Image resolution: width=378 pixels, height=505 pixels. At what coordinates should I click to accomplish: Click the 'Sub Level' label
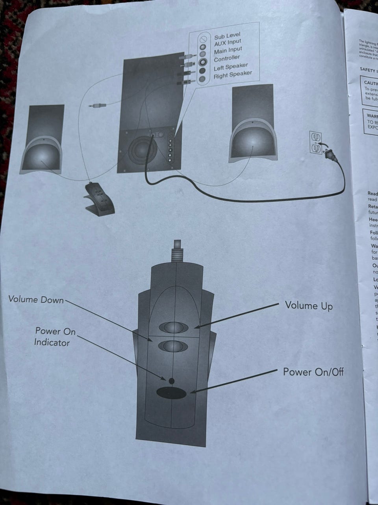227,36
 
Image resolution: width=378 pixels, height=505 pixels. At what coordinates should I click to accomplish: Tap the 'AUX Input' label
228,42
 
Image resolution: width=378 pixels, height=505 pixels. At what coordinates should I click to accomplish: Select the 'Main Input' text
228,51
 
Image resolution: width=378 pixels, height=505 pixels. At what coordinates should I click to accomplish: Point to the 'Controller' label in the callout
227,59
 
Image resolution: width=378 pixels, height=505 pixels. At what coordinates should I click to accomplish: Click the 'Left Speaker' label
231,67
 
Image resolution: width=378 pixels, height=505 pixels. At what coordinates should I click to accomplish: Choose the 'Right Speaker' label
233,75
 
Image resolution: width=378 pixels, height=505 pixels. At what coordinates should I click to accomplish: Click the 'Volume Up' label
309,305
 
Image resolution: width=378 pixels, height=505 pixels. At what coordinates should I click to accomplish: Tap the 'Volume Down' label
36,300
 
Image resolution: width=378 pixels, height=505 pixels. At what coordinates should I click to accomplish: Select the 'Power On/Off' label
313,372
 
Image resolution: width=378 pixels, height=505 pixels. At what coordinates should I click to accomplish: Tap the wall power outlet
315,142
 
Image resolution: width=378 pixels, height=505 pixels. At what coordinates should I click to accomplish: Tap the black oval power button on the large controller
171,393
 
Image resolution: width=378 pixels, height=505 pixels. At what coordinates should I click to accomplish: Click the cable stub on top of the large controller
177,251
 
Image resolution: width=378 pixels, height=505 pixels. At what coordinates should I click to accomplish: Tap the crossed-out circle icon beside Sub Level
203,39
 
